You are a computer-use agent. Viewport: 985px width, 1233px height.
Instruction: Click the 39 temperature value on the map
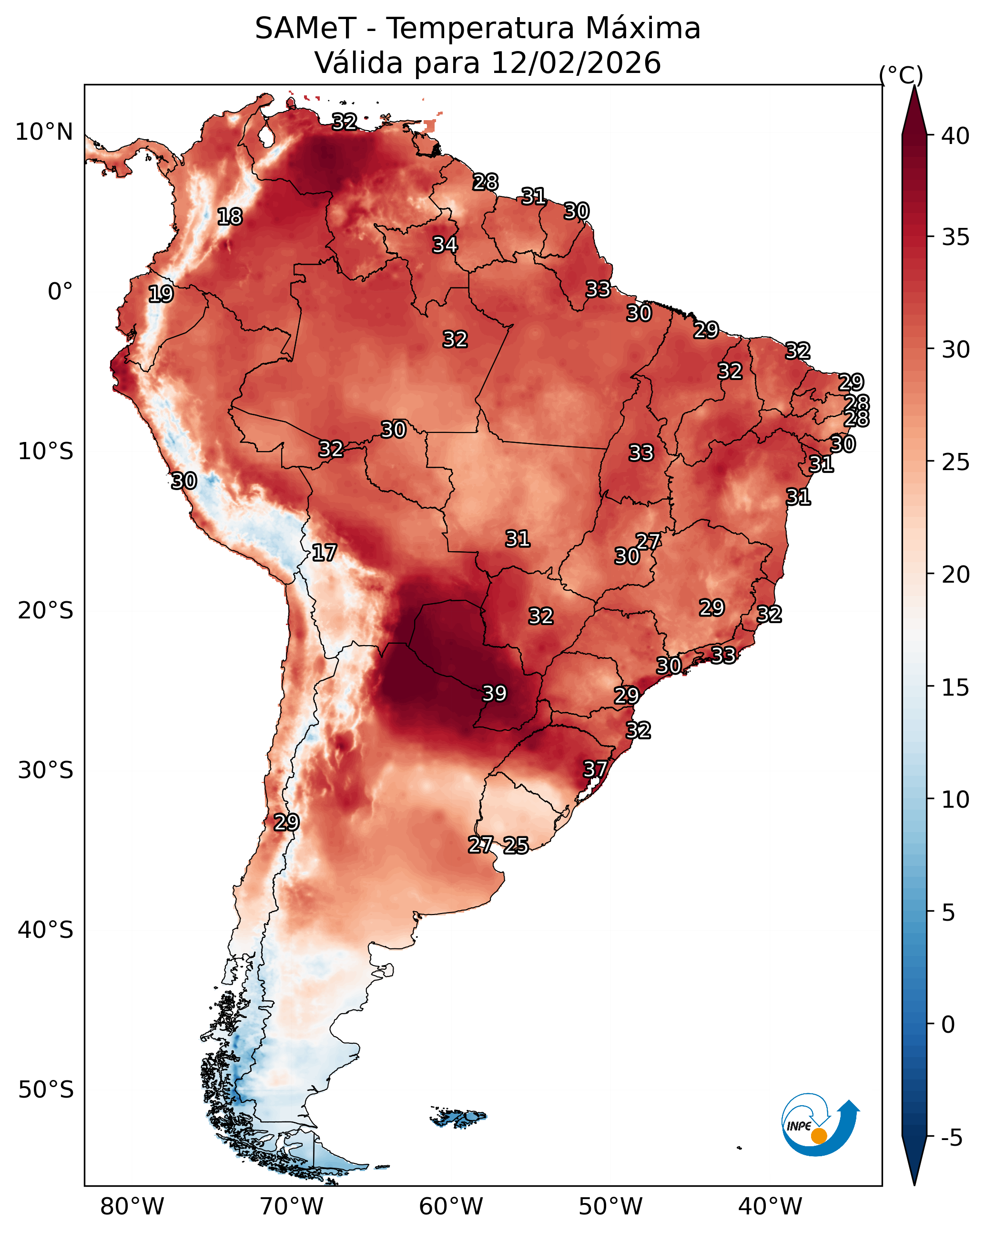(x=495, y=693)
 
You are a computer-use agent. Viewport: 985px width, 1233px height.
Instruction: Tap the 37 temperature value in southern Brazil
(x=595, y=769)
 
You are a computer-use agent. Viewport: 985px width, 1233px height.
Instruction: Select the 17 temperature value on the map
(x=324, y=553)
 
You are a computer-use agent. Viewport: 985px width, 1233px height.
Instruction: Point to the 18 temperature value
(x=230, y=216)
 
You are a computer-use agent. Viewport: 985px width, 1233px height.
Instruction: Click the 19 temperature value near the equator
(x=161, y=293)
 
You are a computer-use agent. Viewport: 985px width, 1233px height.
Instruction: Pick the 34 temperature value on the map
(x=445, y=244)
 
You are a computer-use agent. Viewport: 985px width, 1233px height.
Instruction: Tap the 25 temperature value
(x=516, y=845)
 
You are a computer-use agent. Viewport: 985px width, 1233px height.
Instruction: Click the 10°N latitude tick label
(x=44, y=132)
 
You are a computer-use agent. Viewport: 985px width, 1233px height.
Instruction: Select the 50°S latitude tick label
(x=46, y=1089)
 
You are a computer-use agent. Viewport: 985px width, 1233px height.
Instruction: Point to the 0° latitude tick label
(x=60, y=292)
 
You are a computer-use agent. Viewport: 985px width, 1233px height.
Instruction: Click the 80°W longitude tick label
(x=132, y=1206)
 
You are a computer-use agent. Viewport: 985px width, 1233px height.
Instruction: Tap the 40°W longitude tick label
(x=770, y=1206)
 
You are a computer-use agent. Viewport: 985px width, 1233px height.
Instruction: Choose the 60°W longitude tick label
(x=451, y=1206)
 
